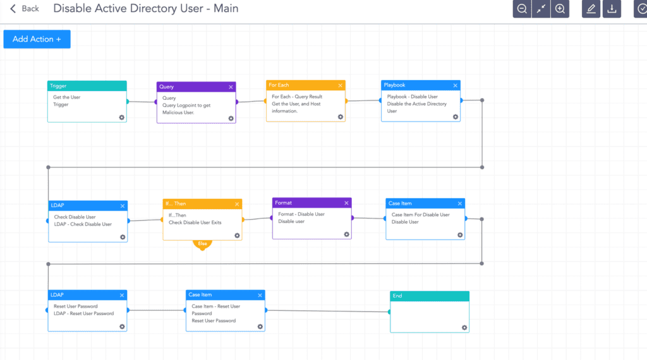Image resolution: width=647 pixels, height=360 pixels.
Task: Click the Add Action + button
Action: (x=37, y=39)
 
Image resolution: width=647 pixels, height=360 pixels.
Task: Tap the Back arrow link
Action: (x=25, y=9)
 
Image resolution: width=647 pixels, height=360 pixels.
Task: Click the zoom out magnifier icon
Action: (x=522, y=9)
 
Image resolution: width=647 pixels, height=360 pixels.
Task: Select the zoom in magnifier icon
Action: (x=560, y=9)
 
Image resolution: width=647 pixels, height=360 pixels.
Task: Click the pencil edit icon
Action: (x=591, y=9)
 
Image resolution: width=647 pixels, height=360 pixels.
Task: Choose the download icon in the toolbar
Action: (x=612, y=9)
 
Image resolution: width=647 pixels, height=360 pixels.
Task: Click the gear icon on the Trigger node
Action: (x=122, y=117)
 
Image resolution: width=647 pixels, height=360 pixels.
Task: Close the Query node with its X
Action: (x=231, y=87)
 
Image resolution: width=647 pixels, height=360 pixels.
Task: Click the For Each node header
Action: (x=306, y=85)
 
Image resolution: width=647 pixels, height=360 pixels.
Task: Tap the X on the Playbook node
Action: (x=455, y=85)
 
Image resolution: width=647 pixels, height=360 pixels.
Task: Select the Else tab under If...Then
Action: (x=202, y=244)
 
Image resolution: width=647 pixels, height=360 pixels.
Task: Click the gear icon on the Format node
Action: (x=347, y=235)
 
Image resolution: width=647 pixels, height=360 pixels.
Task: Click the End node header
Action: (x=430, y=296)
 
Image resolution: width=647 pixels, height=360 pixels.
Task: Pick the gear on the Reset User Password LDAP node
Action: (x=122, y=327)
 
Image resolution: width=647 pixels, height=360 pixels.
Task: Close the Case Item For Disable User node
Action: (x=460, y=203)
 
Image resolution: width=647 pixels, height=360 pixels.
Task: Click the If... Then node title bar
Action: (x=202, y=204)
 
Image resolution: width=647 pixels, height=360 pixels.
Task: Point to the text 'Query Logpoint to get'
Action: (x=186, y=105)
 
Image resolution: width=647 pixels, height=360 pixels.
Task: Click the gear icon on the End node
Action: (x=464, y=328)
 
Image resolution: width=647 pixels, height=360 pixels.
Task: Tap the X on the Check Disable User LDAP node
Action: (x=123, y=206)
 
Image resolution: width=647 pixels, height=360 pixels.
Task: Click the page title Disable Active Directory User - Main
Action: (x=146, y=9)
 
